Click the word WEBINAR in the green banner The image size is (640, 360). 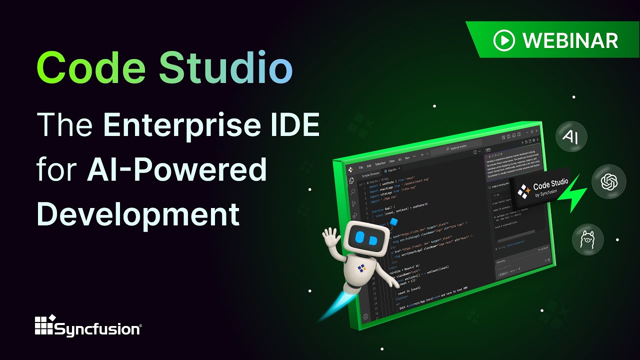point(570,40)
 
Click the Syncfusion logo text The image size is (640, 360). point(97,329)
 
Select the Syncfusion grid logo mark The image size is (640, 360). point(43,325)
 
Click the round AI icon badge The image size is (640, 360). point(571,136)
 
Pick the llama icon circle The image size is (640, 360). point(587,239)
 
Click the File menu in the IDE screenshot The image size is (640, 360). point(361,166)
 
